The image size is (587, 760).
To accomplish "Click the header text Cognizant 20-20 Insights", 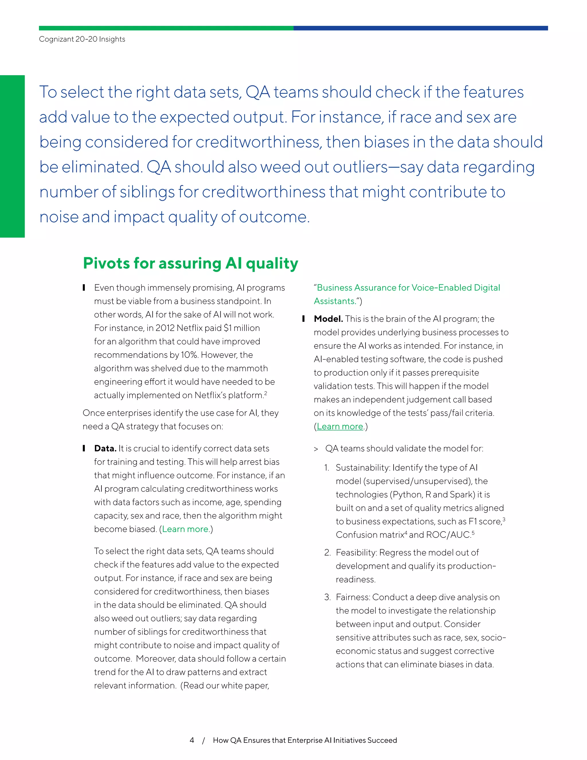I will [x=82, y=39].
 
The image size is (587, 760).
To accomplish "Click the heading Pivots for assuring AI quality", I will [x=190, y=264].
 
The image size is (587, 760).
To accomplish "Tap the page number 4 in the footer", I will [x=192, y=740].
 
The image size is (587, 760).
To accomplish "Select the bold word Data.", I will [x=105, y=449].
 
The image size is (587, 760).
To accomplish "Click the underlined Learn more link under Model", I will [x=339, y=427].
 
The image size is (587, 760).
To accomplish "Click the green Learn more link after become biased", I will [x=185, y=529].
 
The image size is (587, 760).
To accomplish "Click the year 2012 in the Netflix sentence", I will [x=165, y=328].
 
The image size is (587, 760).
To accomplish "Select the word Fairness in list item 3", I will [x=353, y=597].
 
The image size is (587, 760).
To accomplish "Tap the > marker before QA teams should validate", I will [x=316, y=449].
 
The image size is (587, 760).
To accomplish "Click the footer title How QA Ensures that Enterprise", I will [x=305, y=740].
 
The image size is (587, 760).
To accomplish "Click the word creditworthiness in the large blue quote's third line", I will [x=258, y=142].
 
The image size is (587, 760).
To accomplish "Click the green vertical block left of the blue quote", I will [x=12, y=156].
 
